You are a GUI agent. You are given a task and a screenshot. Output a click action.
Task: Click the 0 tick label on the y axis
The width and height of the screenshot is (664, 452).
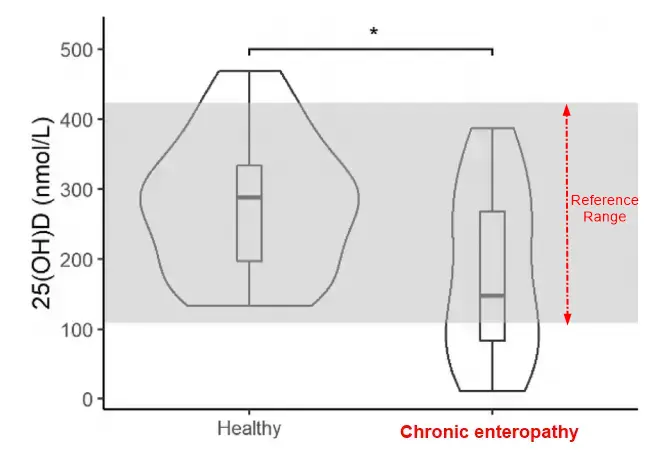point(87,400)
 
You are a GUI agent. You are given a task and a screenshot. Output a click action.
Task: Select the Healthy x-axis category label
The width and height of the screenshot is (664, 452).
point(248,430)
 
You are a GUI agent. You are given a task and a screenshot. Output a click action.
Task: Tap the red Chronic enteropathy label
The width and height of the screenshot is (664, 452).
point(489,433)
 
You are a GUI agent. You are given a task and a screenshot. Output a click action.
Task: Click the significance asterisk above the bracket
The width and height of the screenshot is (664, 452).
point(374,32)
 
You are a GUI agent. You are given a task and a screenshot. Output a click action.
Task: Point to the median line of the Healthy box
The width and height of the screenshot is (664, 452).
point(249,197)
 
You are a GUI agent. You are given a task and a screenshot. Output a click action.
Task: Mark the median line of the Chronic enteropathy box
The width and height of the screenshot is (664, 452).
point(492,296)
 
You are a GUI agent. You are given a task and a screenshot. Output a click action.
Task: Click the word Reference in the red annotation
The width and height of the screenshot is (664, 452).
point(604,200)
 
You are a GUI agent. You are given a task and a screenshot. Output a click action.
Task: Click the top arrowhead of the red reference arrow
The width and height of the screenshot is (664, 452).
point(567,108)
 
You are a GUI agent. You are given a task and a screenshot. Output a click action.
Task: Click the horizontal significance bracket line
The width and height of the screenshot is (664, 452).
point(370,47)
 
